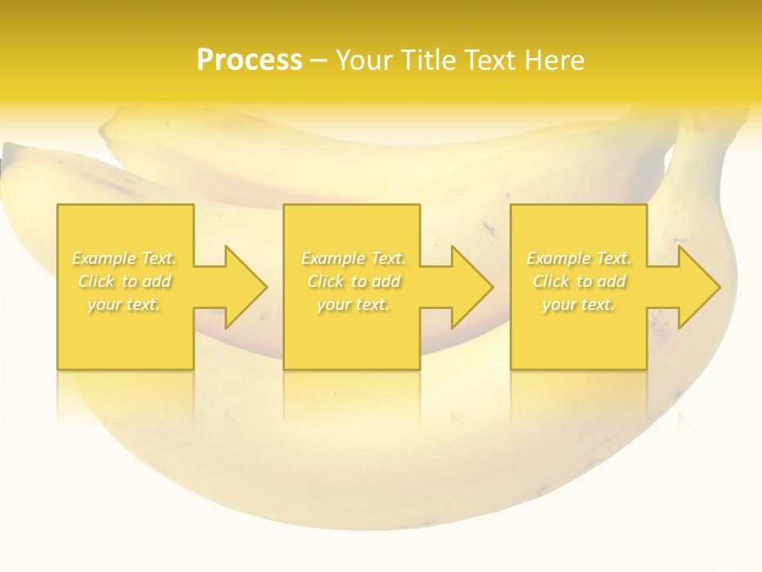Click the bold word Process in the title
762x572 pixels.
click(249, 60)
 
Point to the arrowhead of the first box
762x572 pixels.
click(245, 287)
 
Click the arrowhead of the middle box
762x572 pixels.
click(471, 287)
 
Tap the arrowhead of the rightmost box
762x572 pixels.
click(698, 287)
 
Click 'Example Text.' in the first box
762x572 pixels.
click(125, 258)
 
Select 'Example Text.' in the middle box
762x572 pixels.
click(353, 258)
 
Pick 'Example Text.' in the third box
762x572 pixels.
click(579, 258)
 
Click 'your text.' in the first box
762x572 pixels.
click(124, 304)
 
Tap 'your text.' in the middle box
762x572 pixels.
click(353, 304)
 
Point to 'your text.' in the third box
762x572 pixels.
click(579, 304)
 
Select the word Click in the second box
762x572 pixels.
click(325, 281)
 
